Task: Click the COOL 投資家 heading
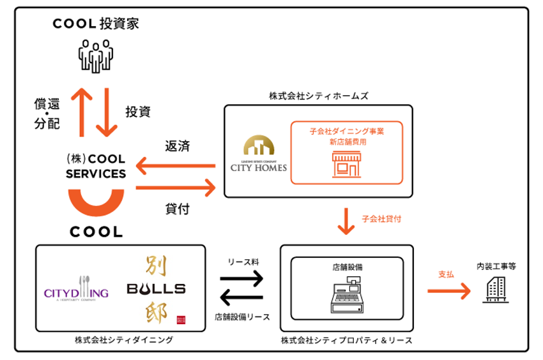(x=96, y=24)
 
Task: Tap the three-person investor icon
(x=95, y=56)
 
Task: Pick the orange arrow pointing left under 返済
(x=176, y=167)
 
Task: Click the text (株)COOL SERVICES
(x=96, y=165)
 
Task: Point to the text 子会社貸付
(x=382, y=219)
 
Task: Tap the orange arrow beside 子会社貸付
(x=346, y=220)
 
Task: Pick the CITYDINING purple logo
(x=77, y=292)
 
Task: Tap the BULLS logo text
(x=156, y=289)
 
